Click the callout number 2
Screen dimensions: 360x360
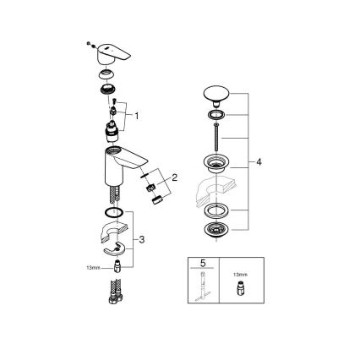tap(174, 177)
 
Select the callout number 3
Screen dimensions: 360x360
tap(141, 240)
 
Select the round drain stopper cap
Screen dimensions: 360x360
tap(216, 94)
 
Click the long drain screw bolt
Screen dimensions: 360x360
tap(216, 134)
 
